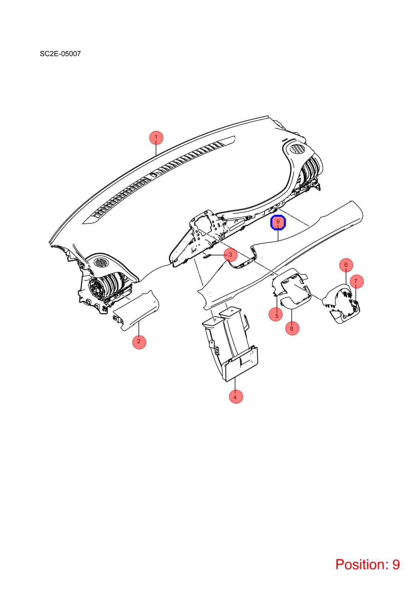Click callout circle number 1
tap(156, 138)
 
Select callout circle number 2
tap(139, 342)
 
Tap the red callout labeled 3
tap(230, 255)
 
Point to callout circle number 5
tap(276, 314)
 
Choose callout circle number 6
tap(346, 265)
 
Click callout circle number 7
tap(356, 281)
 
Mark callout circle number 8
tap(292, 328)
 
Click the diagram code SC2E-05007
tap(60, 54)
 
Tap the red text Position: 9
tap(367, 564)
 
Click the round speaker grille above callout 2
tap(100, 262)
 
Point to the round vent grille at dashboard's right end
tap(298, 149)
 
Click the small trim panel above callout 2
tap(136, 310)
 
